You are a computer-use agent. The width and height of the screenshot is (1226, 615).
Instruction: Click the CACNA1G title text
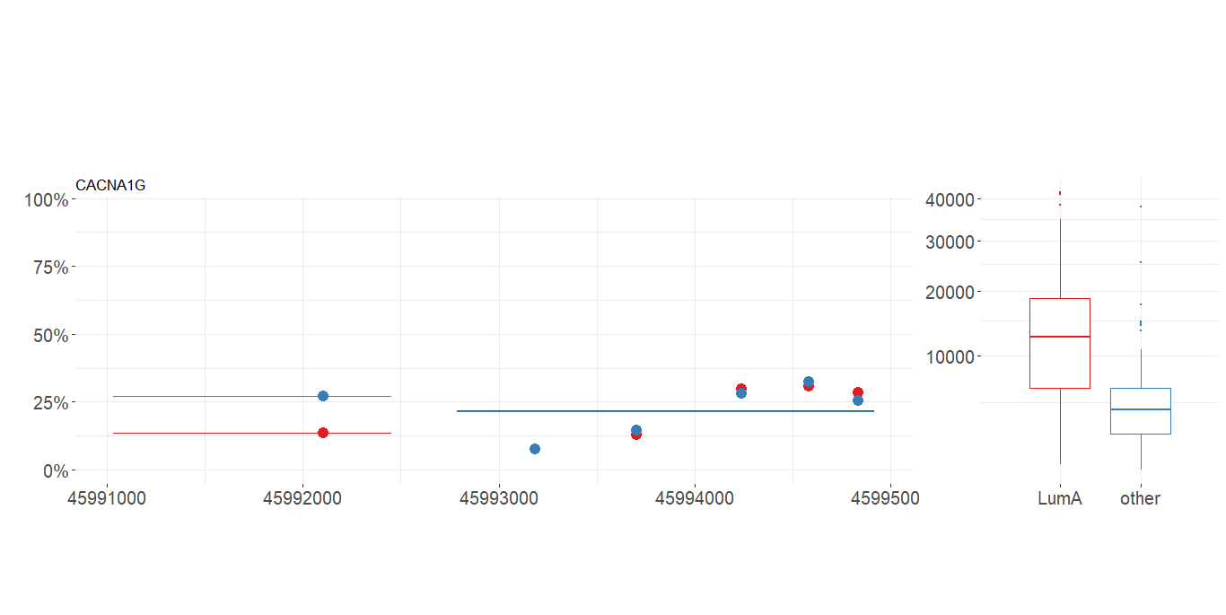pos(110,186)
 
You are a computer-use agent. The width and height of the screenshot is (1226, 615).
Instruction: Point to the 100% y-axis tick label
pos(45,199)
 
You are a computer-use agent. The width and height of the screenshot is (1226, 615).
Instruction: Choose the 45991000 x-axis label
pos(107,498)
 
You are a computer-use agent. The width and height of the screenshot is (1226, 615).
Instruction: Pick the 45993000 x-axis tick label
pos(499,498)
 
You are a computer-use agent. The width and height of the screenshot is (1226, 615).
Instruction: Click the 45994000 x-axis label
pos(695,498)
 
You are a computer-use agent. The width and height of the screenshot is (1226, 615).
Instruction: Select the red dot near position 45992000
pos(323,433)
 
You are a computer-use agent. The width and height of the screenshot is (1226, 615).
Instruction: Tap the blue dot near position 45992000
pos(323,396)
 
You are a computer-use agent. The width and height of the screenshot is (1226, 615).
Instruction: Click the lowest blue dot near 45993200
pos(535,449)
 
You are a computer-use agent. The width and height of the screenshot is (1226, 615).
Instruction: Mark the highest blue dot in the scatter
pos(809,382)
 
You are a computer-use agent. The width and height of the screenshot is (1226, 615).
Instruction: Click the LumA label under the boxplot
pos(1060,499)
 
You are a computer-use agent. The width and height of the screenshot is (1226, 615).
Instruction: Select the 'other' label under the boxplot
pos(1140,499)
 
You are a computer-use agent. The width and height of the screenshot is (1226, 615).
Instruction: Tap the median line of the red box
pos(1060,337)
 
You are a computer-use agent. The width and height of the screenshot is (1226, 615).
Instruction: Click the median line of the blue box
pos(1140,409)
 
